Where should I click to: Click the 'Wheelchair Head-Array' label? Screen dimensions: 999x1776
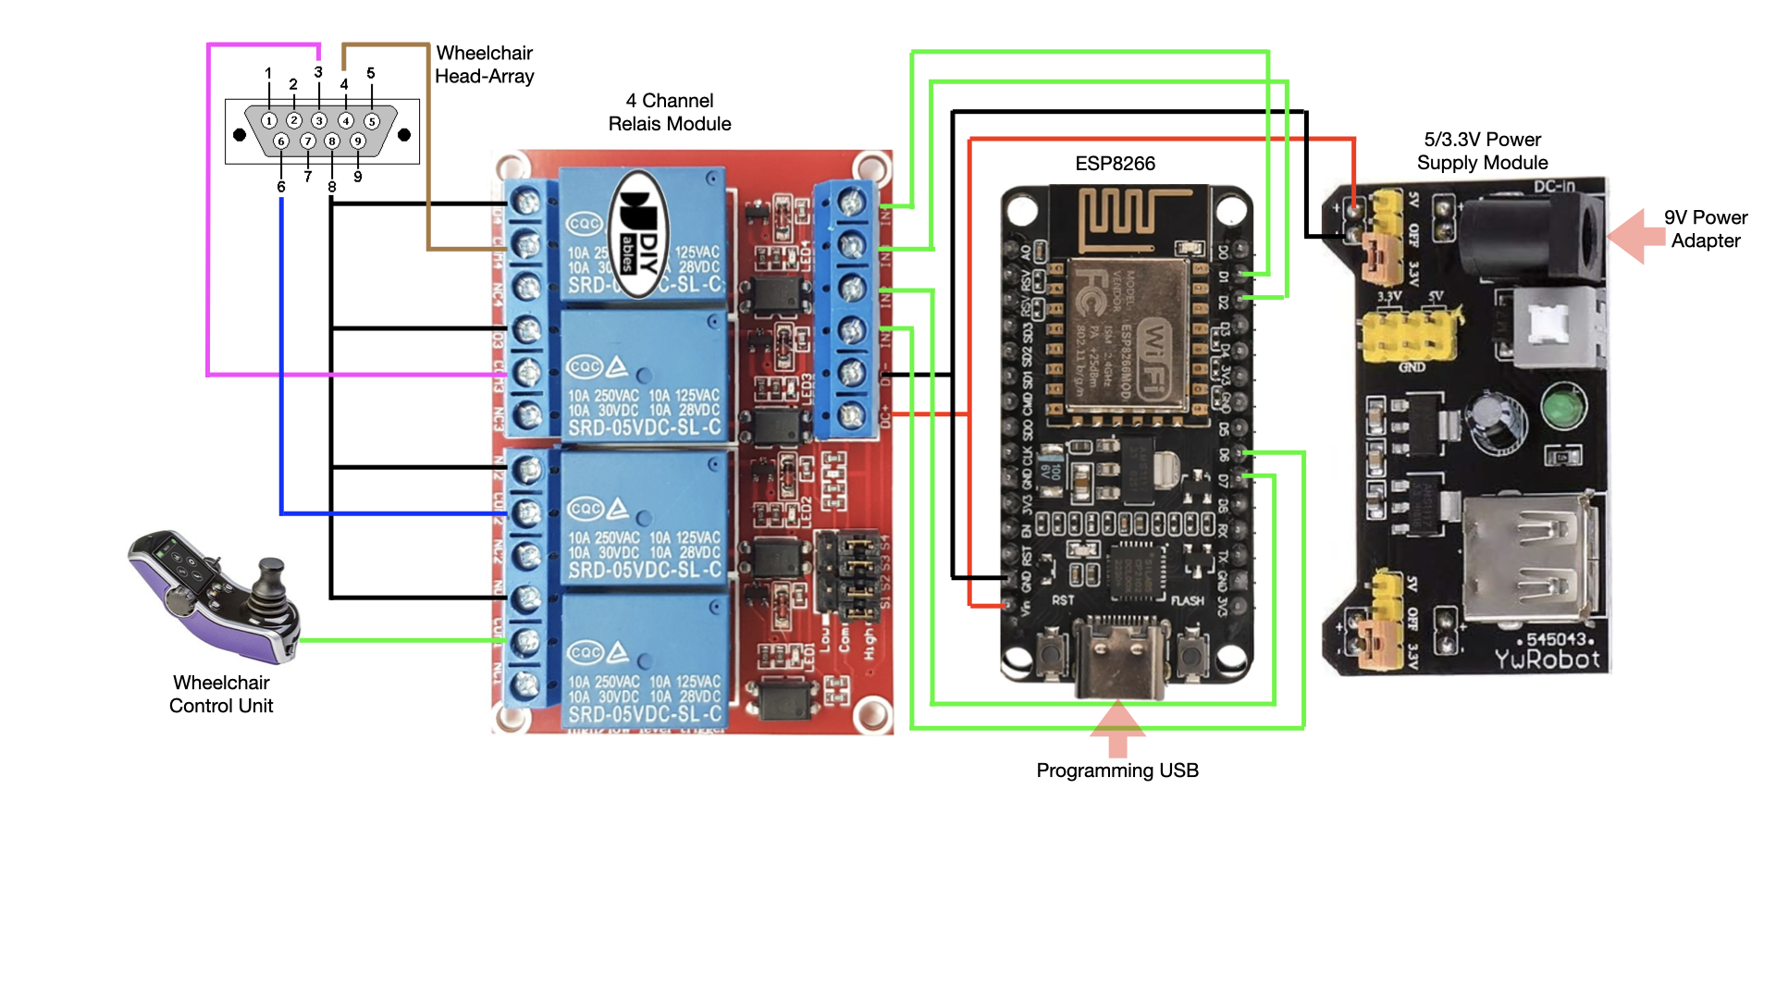[484, 65]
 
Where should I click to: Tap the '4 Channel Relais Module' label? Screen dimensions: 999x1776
[670, 112]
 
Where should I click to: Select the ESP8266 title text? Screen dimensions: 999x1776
[1115, 164]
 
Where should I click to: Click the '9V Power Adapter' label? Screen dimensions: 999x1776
[1705, 228]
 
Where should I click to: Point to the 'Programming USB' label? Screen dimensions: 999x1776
[1116, 771]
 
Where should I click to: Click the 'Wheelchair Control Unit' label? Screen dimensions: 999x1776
[221, 694]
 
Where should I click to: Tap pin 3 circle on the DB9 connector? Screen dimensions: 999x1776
[319, 120]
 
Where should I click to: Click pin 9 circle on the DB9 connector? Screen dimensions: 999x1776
[357, 141]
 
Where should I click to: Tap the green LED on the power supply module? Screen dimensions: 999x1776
[1563, 408]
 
